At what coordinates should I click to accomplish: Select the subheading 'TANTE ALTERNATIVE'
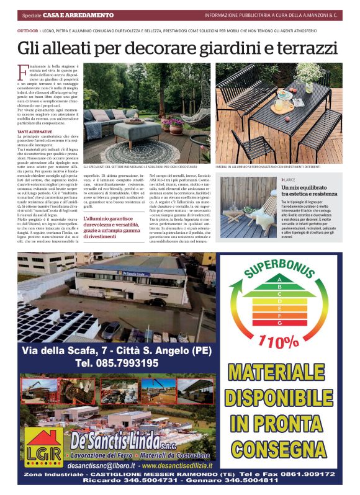[35, 132]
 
